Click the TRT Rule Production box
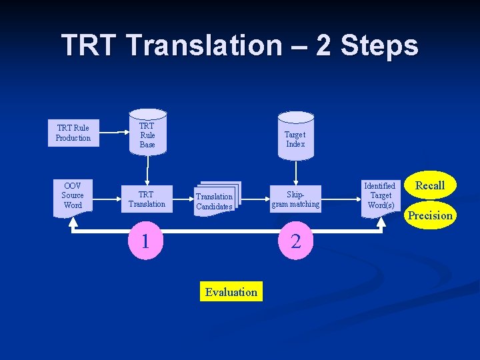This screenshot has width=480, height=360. coord(73,133)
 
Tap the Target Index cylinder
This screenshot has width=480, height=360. coord(295,139)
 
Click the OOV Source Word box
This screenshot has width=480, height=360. coord(73,196)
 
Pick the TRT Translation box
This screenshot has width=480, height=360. coord(147,199)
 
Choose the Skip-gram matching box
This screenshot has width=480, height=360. coord(295,199)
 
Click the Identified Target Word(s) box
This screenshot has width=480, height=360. coord(381,195)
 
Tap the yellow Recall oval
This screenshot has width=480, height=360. coord(430,185)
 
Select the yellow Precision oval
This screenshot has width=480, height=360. coord(430,215)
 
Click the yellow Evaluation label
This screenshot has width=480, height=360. coord(231,292)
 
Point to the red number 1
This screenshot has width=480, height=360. coord(145,241)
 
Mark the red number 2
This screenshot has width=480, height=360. coord(297,241)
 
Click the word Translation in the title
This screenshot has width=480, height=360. coord(205,45)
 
